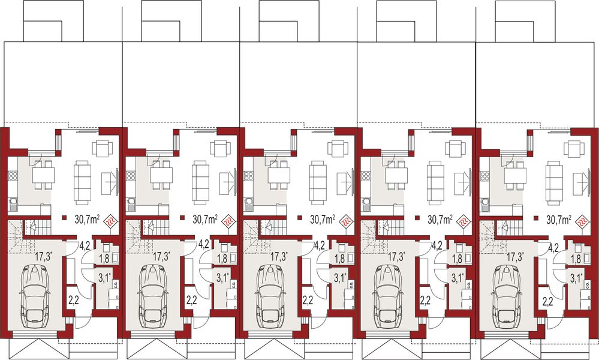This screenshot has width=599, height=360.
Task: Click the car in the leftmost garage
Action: tap(35, 294)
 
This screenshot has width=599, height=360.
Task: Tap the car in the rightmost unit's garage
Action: tap(506, 294)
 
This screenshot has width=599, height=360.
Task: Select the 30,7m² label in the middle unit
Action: tap(322, 220)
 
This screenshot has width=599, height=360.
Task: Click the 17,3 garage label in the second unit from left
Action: tap(161, 257)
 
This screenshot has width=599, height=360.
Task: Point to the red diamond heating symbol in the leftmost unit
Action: tap(111, 221)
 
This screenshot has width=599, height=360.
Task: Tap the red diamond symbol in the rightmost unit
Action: tap(581, 221)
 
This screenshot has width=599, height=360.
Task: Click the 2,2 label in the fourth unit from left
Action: tap(426, 300)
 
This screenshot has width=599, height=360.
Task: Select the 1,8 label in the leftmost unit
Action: tap(104, 259)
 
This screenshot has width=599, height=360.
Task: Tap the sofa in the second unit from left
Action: tap(199, 182)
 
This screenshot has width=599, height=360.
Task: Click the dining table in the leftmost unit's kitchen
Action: tap(43, 175)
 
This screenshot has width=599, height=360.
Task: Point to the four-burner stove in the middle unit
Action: tap(248, 176)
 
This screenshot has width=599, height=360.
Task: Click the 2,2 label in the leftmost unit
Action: tap(73, 300)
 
